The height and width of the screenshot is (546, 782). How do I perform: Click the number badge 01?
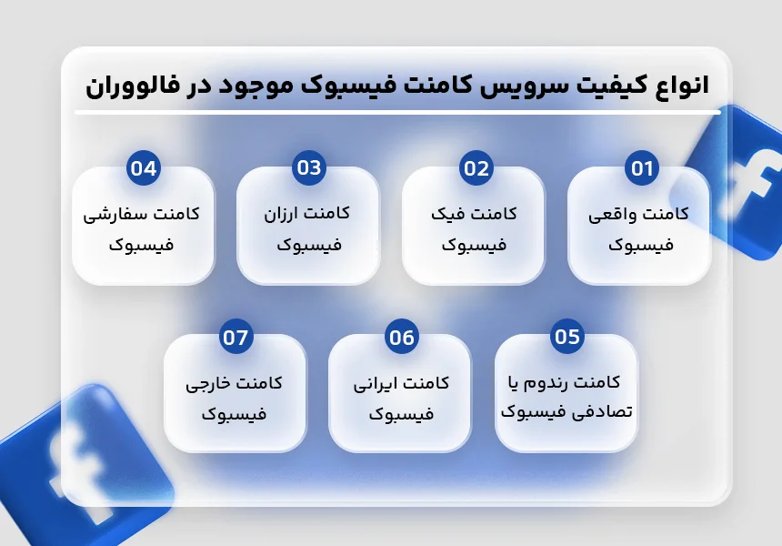click(x=642, y=168)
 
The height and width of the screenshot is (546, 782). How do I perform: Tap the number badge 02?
click(x=476, y=168)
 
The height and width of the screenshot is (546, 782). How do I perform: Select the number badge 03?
click(x=309, y=167)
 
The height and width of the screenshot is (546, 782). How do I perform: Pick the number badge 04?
click(x=144, y=168)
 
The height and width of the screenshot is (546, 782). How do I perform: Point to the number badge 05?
click(x=567, y=337)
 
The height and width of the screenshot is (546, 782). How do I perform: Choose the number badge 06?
click(x=402, y=337)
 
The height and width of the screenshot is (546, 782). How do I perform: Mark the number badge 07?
click(x=236, y=337)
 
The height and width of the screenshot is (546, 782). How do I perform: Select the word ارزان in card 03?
click(x=280, y=215)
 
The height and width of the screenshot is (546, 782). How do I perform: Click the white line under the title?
click(x=398, y=113)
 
